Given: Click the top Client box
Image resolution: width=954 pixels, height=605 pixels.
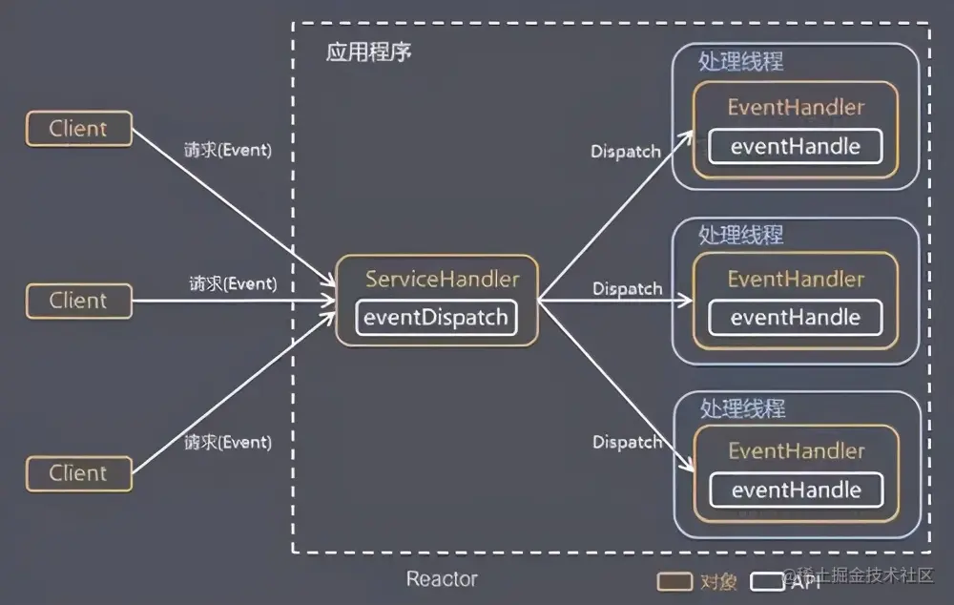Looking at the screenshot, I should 78,129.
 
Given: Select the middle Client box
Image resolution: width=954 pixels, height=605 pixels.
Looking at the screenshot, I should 78,301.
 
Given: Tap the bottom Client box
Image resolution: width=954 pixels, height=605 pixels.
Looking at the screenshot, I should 78,473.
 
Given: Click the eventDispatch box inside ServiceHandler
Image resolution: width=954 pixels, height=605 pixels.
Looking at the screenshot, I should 437,318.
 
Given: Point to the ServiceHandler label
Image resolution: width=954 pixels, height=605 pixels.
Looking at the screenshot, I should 443,280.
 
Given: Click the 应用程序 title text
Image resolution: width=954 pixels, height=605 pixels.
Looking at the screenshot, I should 368,52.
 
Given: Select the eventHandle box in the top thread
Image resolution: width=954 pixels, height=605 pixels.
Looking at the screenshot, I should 796,146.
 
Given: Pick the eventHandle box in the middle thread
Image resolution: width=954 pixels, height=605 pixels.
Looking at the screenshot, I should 796,318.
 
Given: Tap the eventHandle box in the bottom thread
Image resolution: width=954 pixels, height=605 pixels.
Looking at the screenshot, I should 796,490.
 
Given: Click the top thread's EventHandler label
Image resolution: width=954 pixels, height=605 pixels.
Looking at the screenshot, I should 796,108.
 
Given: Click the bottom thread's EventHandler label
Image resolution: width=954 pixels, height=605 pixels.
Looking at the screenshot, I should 796,451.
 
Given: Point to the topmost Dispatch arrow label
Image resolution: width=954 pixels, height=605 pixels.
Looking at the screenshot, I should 626,152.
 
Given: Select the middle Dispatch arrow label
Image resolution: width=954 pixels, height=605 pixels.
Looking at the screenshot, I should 627,288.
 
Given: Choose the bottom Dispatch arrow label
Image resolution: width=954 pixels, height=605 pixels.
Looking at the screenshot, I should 627,442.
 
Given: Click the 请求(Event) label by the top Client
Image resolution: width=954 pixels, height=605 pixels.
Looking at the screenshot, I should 227,151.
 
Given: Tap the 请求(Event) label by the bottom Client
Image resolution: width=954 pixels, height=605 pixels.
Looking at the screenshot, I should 227,443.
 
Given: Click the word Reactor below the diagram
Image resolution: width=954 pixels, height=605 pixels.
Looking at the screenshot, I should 442,578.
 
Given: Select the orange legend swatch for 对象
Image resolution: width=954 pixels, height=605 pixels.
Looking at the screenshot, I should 674,580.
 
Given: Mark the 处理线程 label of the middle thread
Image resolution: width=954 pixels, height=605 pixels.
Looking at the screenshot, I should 740,234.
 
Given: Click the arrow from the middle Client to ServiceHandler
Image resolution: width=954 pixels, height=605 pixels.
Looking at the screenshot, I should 234,301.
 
